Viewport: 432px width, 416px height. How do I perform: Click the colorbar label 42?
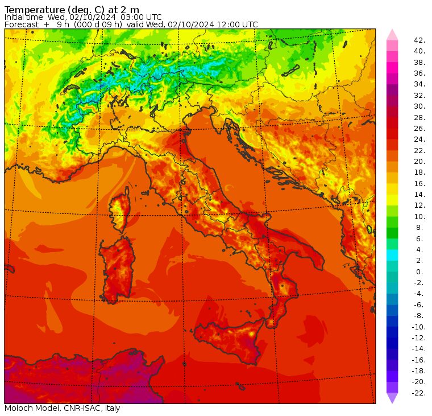click(x=419, y=40)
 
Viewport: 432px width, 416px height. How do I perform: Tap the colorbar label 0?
click(x=419, y=271)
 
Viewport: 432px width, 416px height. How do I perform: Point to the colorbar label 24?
click(x=419, y=139)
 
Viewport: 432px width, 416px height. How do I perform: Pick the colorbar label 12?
click(x=419, y=205)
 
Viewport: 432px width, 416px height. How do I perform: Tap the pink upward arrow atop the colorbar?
click(x=392, y=34)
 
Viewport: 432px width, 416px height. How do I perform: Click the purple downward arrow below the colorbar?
click(x=392, y=398)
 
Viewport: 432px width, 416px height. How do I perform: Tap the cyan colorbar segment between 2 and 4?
click(x=392, y=255)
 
